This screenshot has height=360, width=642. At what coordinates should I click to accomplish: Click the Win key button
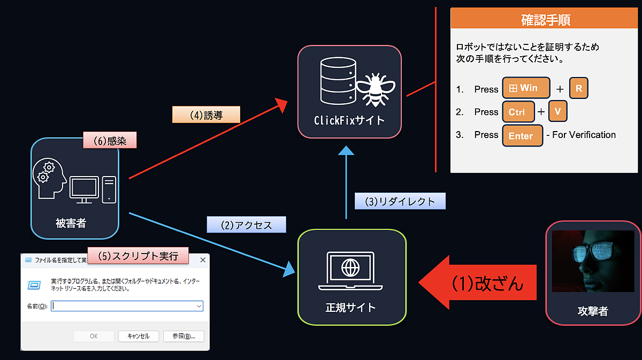pos(526,88)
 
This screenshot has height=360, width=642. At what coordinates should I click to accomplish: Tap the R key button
pos(579,88)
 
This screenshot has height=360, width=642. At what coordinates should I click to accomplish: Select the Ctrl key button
pos(518,111)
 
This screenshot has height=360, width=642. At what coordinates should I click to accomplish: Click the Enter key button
pos(523,135)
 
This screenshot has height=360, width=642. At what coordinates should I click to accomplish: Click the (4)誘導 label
pos(206,115)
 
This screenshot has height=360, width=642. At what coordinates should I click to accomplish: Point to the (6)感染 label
pos(110,140)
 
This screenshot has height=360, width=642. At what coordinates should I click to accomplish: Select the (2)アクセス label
pos(247,225)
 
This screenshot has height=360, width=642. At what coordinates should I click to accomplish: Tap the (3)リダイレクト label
pos(400,201)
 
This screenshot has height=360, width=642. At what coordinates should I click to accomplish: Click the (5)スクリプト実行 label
pos(138,255)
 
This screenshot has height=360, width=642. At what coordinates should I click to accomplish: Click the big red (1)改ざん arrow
pos(477,282)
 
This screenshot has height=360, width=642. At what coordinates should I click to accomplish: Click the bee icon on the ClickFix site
pos(376,89)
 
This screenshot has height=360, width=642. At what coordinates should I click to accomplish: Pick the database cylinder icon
pos(338,81)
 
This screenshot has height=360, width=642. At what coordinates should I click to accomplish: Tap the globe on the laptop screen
pos(350,267)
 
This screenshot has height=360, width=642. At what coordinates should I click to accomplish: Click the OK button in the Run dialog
pos(94,336)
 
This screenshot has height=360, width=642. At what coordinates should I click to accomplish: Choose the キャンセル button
pos(139,336)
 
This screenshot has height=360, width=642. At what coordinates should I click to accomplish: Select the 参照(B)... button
pos(184,336)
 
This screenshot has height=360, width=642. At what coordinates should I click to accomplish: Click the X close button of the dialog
pos(203,260)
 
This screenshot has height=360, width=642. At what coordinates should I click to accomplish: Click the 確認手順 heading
pos(545,20)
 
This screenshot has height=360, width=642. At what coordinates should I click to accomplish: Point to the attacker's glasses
pos(595,250)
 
